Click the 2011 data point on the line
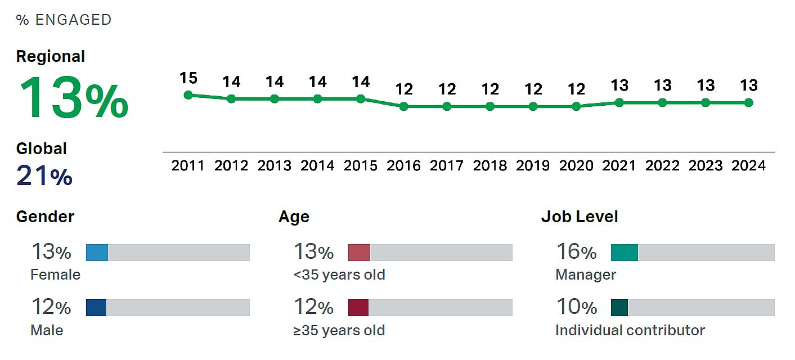188,95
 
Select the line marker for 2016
404,106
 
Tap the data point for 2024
748,102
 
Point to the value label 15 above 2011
188,78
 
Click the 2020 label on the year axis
576,166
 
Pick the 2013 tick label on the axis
275,166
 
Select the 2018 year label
490,166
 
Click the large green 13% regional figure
73,98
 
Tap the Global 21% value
44,176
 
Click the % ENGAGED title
64,20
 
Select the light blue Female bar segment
97,253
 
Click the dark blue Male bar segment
96,308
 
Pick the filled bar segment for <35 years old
359,253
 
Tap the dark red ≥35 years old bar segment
358,308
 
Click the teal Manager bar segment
625,253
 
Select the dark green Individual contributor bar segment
619,308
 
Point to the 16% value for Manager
576,252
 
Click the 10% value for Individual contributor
576,307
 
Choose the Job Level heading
580,217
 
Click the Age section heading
294,217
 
